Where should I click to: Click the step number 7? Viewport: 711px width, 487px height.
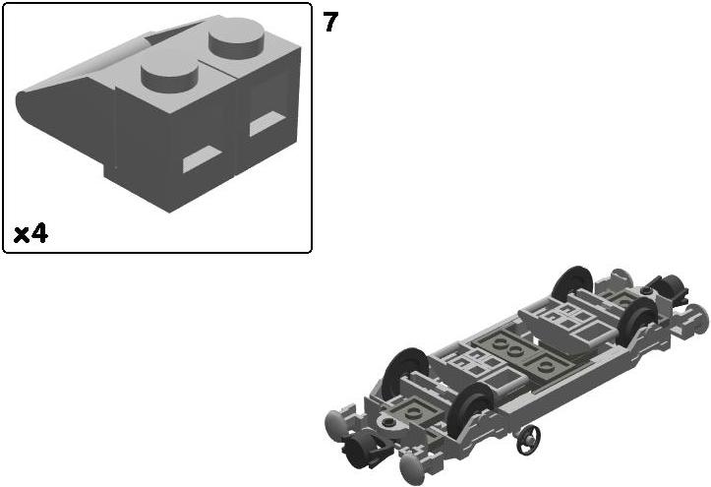pyautogui.click(x=330, y=22)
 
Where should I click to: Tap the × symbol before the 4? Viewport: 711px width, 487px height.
pyautogui.click(x=21, y=235)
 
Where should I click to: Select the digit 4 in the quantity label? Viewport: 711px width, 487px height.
pyautogui.click(x=39, y=234)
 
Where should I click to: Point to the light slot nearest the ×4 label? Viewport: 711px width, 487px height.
pyautogui.click(x=202, y=158)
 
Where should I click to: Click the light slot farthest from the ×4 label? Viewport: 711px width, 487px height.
pyautogui.click(x=267, y=123)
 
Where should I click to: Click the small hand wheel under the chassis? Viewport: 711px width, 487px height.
pyautogui.click(x=528, y=439)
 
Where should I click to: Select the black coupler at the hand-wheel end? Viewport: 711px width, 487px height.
pyautogui.click(x=363, y=449)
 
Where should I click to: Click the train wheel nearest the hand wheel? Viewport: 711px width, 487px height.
pyautogui.click(x=472, y=410)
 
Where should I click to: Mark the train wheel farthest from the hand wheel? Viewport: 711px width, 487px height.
pyautogui.click(x=572, y=283)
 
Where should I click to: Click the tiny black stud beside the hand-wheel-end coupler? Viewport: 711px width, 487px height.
pyautogui.click(x=387, y=422)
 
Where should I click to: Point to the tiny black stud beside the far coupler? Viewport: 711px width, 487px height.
pyautogui.click(x=646, y=289)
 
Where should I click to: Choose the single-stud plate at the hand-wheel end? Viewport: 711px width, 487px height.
pyautogui.click(x=414, y=411)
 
